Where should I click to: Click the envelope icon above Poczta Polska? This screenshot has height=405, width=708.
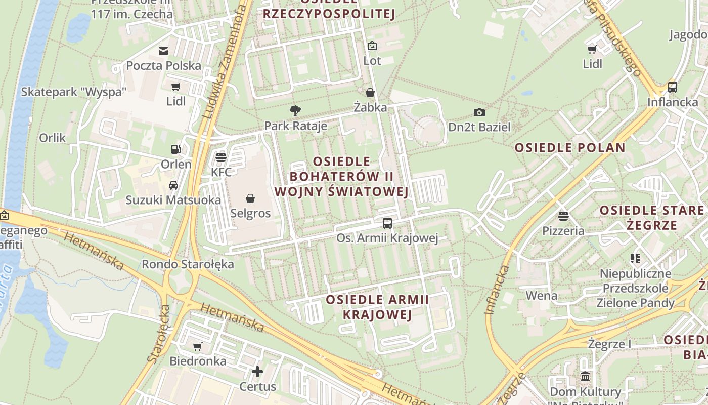[x=163, y=51]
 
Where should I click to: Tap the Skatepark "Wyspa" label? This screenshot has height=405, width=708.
[x=73, y=92]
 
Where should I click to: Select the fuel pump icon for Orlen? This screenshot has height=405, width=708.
[x=175, y=149]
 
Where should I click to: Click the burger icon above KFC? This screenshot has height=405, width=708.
[x=220, y=157]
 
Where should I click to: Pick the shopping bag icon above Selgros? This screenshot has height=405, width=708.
[x=250, y=198]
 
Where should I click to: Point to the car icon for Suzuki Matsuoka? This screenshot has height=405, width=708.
[x=173, y=185]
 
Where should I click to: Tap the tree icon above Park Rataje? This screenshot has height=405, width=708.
[x=295, y=111]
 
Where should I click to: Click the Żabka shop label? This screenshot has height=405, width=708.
[x=370, y=107]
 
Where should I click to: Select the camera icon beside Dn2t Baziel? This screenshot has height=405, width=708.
[x=479, y=112]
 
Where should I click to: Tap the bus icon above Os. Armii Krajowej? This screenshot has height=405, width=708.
[x=387, y=223]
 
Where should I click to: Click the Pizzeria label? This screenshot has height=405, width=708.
[x=563, y=231]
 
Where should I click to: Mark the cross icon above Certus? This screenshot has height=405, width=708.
[x=257, y=372]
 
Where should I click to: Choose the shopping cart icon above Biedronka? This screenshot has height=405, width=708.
[x=198, y=346]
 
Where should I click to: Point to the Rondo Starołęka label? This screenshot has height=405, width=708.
[x=188, y=264]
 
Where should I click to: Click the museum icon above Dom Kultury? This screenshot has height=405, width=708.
[x=585, y=377]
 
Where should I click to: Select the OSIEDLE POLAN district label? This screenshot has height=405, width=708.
[x=570, y=148]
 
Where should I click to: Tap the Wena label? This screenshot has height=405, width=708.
[x=542, y=295]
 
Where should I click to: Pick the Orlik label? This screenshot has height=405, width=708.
[x=53, y=138]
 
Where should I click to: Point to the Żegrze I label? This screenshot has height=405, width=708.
[x=609, y=344]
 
